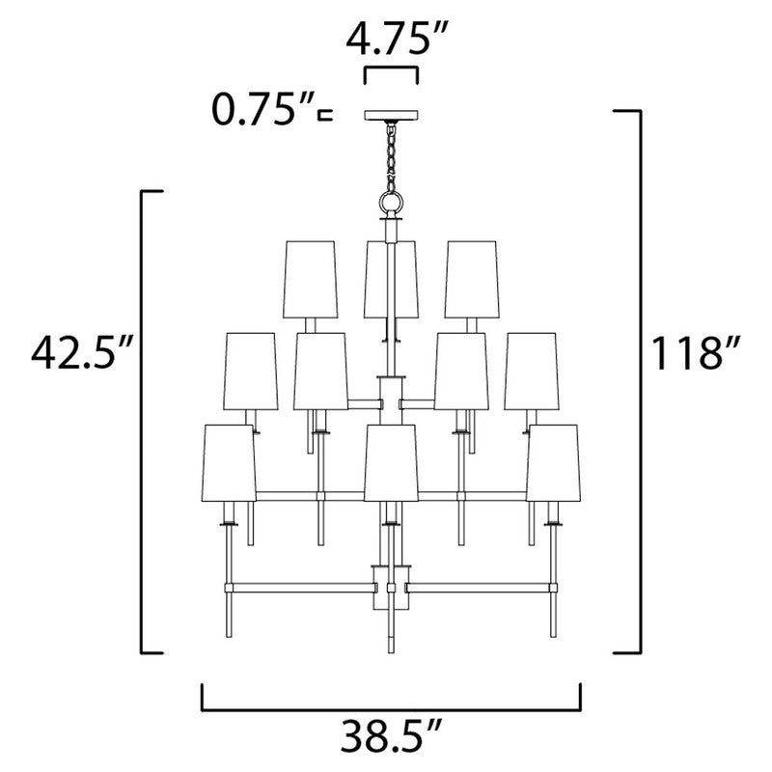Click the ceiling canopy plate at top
coord(390,116)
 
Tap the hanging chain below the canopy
coord(391,154)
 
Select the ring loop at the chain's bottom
coord(391,204)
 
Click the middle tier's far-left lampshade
coord(251,371)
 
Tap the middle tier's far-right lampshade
coord(530,371)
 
